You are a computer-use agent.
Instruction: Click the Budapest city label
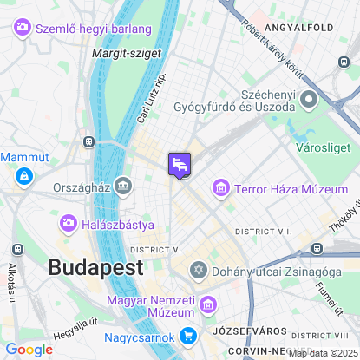point(95,266)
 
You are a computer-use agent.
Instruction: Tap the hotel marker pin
point(179,164)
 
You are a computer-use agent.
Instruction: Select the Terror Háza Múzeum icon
point(221,188)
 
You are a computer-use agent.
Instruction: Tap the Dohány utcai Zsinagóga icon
point(200,271)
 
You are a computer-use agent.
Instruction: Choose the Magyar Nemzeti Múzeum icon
point(207,304)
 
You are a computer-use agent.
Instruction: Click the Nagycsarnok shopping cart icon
point(188,336)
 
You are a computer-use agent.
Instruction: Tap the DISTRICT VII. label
point(262,232)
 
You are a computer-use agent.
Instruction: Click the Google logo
point(29,349)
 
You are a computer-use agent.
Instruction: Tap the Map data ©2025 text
point(321,353)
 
